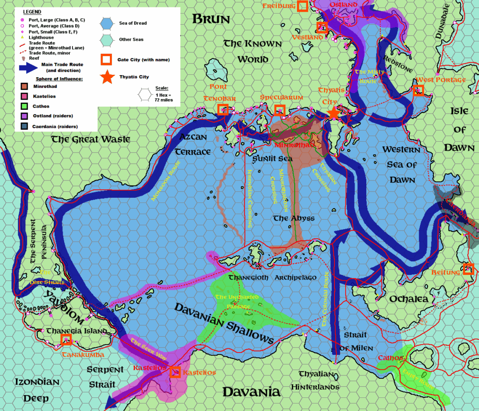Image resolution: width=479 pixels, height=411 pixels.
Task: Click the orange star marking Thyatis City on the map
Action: [334, 113]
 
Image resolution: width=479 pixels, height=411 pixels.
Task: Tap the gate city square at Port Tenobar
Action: [223, 110]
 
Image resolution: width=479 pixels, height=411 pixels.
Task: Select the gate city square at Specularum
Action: [280, 110]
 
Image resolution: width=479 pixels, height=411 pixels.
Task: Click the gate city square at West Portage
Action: [418, 90]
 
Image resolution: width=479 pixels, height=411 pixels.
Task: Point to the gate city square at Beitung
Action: [468, 269]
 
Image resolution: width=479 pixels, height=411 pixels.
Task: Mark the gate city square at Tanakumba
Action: [66, 340]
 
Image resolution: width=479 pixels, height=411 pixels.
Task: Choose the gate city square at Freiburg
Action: [303, 6]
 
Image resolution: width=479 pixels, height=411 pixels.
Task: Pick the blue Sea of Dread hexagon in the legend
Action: [107, 23]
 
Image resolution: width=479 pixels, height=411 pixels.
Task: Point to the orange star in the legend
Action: [107, 77]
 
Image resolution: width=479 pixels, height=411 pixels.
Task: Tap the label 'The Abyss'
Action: [294, 218]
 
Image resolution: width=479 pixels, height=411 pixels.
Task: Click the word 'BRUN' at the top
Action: [211, 19]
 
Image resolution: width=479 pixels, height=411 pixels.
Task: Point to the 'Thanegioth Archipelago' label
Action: [272, 277]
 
